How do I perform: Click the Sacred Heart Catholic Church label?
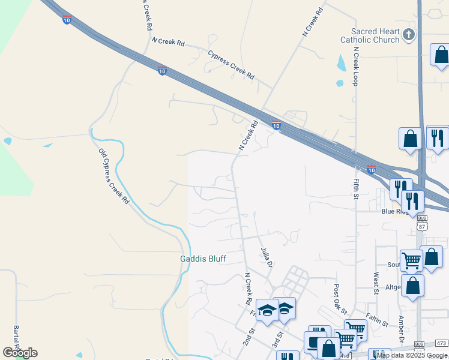pyautogui.click(x=375, y=35)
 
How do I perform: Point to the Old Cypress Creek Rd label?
pyautogui.click(x=113, y=175)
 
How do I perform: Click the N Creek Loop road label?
pyautogui.click(x=355, y=66)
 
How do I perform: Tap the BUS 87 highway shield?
pyautogui.click(x=422, y=224)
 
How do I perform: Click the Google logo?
pyautogui.click(x=20, y=352)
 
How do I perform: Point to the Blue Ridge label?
pyautogui.click(x=396, y=212)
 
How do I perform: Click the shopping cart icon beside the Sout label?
pyautogui.click(x=411, y=259)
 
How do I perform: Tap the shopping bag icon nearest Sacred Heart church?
pyautogui.click(x=440, y=55)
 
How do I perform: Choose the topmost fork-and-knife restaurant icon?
pyautogui.click(x=438, y=137)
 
